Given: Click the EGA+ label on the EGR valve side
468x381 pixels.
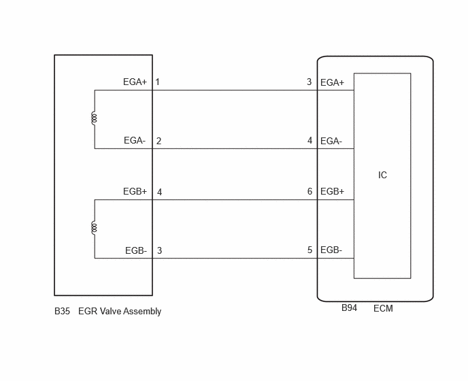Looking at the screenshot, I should coord(135,82).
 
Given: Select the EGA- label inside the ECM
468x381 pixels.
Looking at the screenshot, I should coord(331,141).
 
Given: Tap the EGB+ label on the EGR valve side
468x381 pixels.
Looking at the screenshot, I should coord(135,192).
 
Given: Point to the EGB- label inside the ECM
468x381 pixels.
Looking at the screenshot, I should coord(331,250).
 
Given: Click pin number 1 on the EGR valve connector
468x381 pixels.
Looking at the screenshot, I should coord(158,82).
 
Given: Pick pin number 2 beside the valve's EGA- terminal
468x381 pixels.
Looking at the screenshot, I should coord(158,141).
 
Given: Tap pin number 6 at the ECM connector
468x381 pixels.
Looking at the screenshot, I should coord(310,192).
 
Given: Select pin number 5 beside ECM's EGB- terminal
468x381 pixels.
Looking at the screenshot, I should coord(310,250).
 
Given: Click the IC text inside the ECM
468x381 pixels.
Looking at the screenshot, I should coord(382,176).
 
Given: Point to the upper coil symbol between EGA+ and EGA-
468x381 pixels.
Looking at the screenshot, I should coord(94,118).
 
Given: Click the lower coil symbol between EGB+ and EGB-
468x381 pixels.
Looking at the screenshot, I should coord(94,228).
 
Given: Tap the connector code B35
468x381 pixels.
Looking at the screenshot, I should coord(62,312).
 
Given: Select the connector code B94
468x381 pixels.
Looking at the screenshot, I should coord(349,308).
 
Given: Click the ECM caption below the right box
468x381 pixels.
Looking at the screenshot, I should coord(383,308).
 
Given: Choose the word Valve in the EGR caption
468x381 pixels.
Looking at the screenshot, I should coord(110,312).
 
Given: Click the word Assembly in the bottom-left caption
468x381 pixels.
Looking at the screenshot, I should coord(143,312).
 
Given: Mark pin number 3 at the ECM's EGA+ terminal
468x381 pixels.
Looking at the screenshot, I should coord(310,82).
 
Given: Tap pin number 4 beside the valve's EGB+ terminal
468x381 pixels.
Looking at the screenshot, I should coord(159,192).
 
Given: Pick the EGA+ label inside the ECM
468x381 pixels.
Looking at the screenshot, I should coord(332,82).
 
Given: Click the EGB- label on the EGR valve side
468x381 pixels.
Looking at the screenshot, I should coord(136,250).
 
